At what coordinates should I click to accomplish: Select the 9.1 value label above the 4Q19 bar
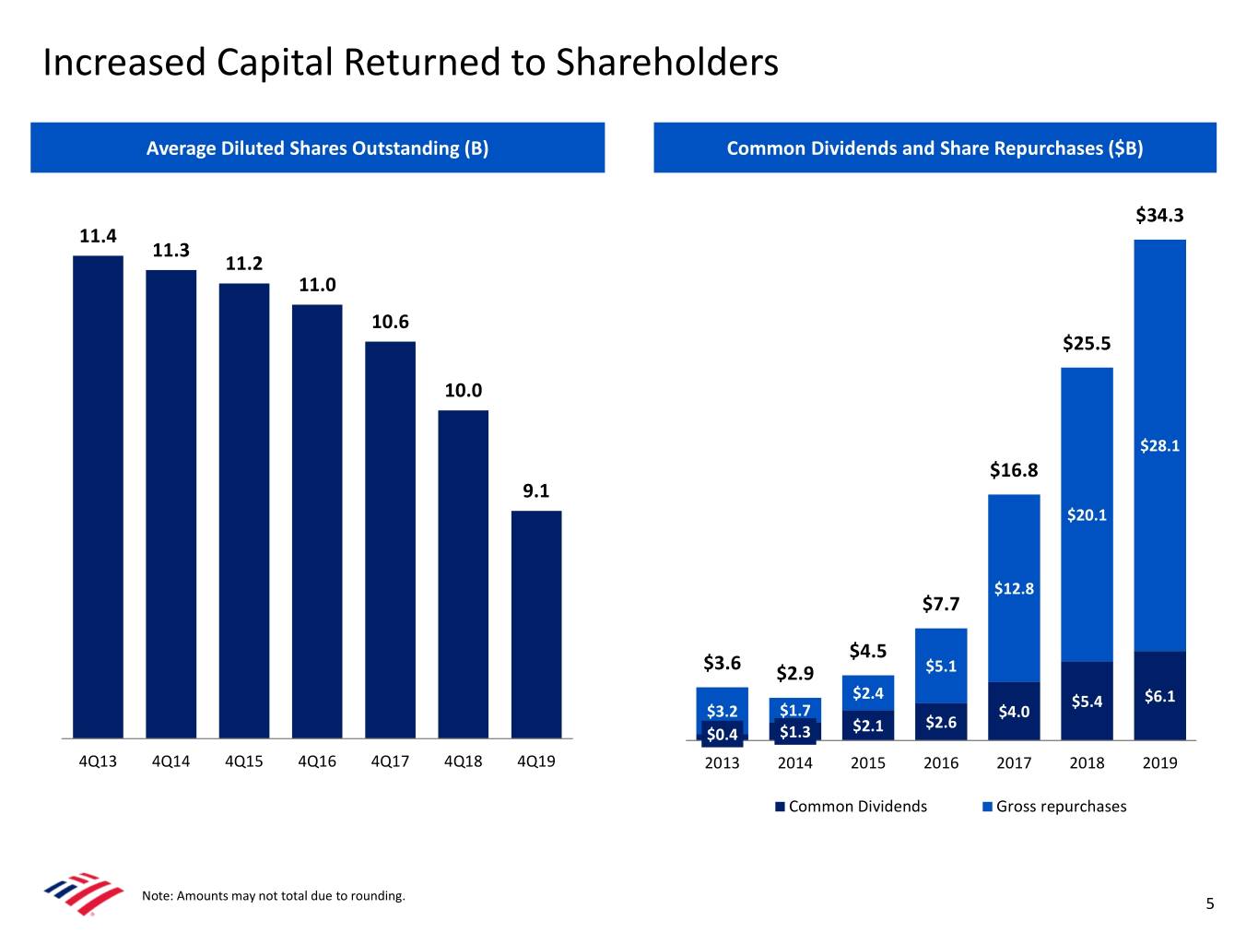point(535,490)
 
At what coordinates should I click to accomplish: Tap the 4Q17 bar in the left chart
point(390,539)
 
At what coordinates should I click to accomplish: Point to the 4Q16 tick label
point(317,761)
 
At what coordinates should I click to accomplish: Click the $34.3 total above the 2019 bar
point(1159,216)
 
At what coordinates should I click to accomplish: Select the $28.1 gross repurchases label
point(1159,446)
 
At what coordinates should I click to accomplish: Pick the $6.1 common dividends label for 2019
point(1159,696)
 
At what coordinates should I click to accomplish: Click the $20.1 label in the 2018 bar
point(1087,515)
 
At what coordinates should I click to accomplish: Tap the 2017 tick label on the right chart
point(1014,762)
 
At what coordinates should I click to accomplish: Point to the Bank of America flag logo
point(83,892)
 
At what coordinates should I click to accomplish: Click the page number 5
point(1210,903)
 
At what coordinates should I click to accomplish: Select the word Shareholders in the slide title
point(666,63)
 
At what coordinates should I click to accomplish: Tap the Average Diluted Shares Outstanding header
point(317,148)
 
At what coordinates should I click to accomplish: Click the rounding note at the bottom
point(274,896)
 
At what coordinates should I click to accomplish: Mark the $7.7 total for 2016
point(941,604)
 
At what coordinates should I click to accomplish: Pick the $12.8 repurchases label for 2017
point(1014,589)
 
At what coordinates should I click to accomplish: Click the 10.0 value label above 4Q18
point(463,390)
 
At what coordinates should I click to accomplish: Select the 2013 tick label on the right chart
point(722,762)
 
